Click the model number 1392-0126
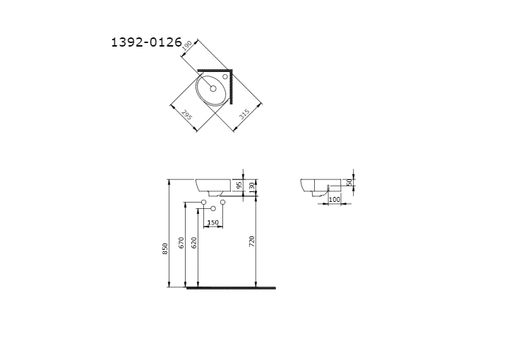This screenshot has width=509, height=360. [146, 42]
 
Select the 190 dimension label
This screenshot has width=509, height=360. [187, 45]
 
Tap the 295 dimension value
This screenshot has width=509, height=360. [186, 115]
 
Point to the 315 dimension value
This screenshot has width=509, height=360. [244, 114]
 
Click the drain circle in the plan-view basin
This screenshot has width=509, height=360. [213, 88]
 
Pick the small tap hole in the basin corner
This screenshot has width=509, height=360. [225, 77]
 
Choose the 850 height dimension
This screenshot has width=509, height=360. [165, 248]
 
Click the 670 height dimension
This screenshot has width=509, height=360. [181, 243]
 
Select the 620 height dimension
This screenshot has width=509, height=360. [194, 243]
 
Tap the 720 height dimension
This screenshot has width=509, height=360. [252, 241]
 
